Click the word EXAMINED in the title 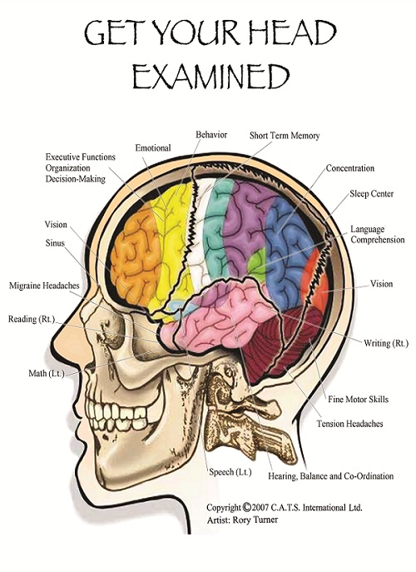(x=210, y=77)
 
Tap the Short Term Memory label (x=285, y=136)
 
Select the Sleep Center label (x=372, y=193)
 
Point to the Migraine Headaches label (x=44, y=286)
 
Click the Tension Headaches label (x=349, y=424)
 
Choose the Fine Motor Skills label (x=358, y=399)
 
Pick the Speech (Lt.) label (x=230, y=472)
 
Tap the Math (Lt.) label (x=47, y=373)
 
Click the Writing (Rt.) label (x=386, y=343)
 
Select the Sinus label (x=55, y=243)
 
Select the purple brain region (x=245, y=226)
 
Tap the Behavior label (x=211, y=135)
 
